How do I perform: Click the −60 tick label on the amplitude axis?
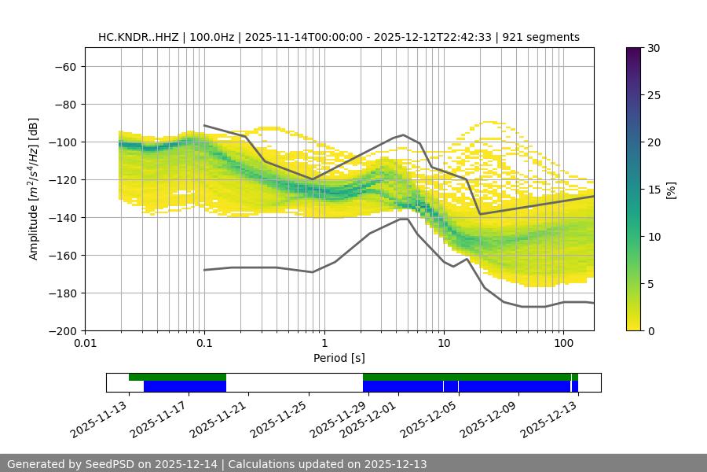click(64, 66)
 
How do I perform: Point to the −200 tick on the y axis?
click(63, 330)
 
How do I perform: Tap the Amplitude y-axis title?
click(34, 189)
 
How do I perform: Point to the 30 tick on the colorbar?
click(654, 48)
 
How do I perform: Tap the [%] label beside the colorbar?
click(671, 190)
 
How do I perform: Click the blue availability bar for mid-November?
click(185, 386)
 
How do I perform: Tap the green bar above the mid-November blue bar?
click(178, 377)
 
